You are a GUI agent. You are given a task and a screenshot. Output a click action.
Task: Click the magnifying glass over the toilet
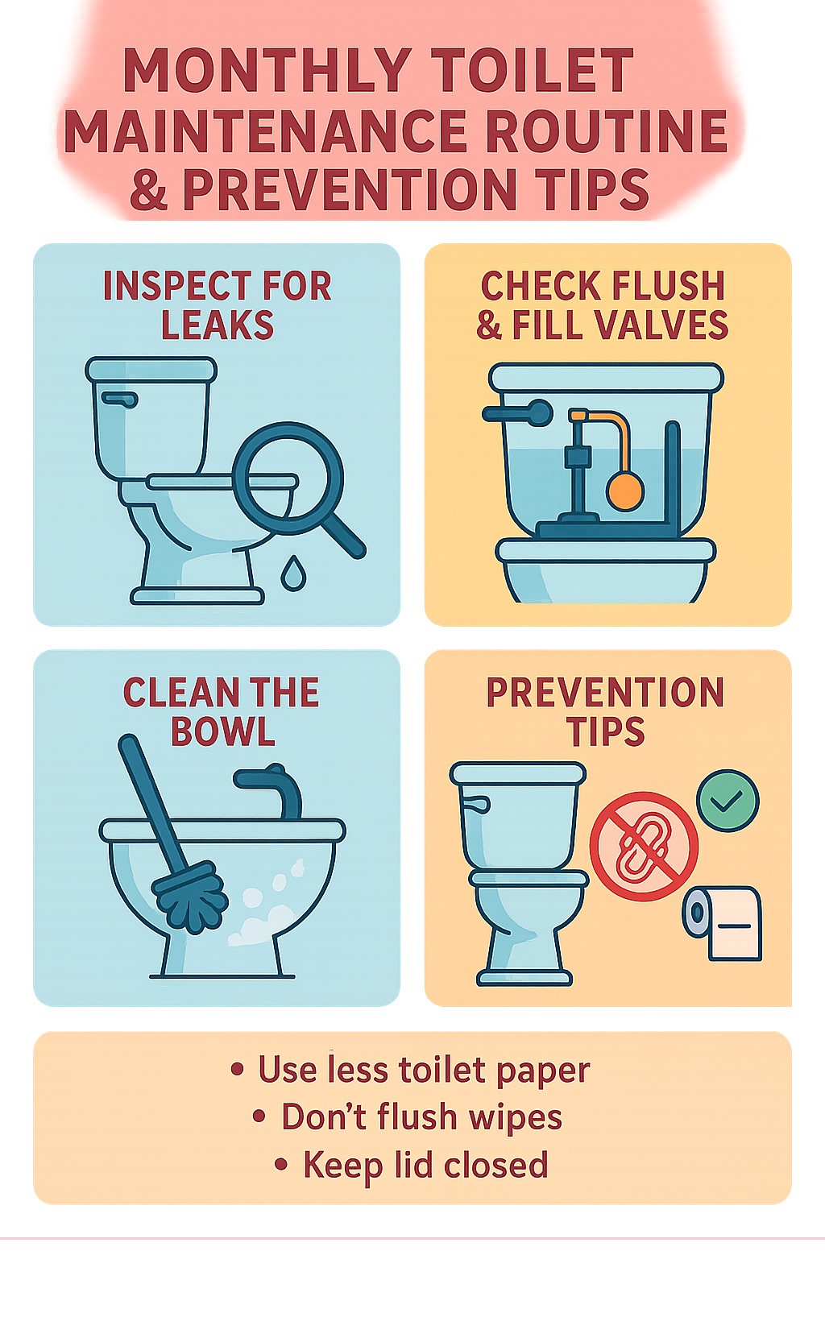coord(288,478)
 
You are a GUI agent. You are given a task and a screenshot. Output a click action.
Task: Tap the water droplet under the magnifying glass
coord(293,574)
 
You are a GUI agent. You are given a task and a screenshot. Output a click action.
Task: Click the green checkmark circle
coord(728,801)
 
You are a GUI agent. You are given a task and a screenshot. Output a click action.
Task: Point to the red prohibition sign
coord(644,846)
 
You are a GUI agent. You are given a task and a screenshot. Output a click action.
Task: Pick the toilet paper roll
coord(723,922)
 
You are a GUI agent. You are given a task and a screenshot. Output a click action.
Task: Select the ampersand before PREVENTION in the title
coord(149,190)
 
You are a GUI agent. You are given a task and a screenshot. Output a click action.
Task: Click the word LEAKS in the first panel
coord(218,325)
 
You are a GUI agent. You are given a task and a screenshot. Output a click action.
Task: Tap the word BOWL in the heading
coord(223,731)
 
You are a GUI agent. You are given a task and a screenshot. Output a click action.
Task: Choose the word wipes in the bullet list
coord(516,1118)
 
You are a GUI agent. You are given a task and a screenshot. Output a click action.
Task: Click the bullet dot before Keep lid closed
coord(280,1164)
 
